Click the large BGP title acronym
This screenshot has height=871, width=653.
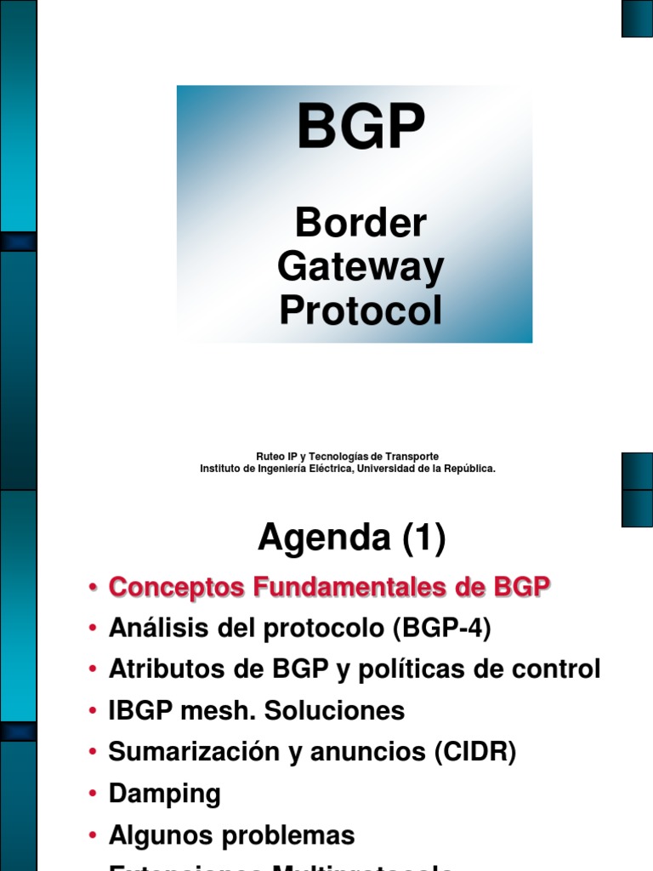coord(361,128)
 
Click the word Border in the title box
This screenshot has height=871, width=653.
coord(361,224)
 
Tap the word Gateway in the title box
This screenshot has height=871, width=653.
coord(361,267)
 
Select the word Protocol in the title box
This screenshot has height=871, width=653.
coord(361,311)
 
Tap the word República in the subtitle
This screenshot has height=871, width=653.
coord(466,469)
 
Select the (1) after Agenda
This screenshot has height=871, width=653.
coord(417,538)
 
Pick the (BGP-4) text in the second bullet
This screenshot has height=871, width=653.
coord(442,629)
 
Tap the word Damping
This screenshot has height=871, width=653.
coord(164,794)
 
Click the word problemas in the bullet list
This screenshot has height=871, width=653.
coord(288,834)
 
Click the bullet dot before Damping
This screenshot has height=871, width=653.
coord(92,794)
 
